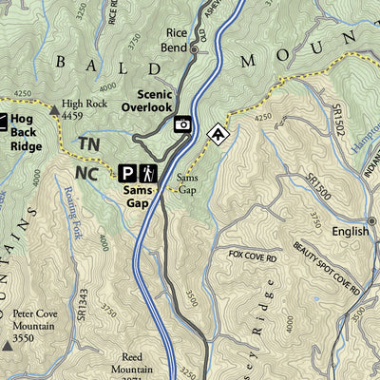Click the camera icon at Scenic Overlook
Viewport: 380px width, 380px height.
[x=182, y=123]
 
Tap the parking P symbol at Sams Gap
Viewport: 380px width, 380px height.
[x=126, y=173]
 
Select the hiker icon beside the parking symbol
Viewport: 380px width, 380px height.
[x=148, y=173]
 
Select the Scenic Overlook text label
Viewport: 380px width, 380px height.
[x=155, y=101]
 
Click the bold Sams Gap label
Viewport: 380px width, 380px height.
[x=138, y=196]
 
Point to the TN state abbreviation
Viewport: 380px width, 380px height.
[x=88, y=143]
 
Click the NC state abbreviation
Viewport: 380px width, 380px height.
[x=85, y=173]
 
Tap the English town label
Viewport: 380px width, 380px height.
[x=350, y=232]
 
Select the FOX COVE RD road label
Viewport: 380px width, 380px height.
[x=251, y=256]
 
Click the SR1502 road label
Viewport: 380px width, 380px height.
[x=339, y=124]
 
